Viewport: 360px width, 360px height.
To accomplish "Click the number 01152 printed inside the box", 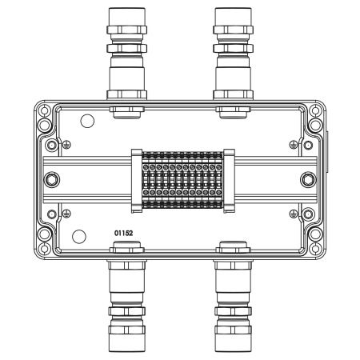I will tap(123, 232).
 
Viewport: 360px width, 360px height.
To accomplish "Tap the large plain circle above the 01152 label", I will tap(78, 236).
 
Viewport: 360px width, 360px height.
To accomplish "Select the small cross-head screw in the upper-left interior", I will tap(67, 144).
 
